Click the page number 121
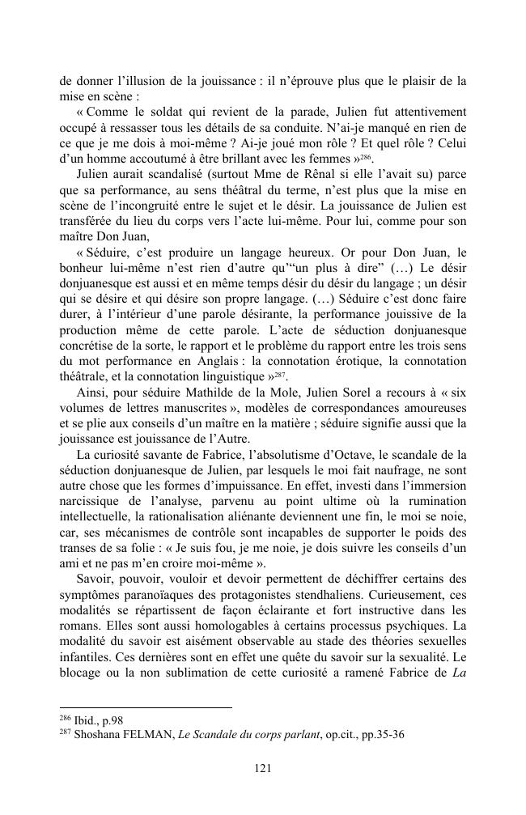(x=262, y=768)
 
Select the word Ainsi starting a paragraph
(x=91, y=394)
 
